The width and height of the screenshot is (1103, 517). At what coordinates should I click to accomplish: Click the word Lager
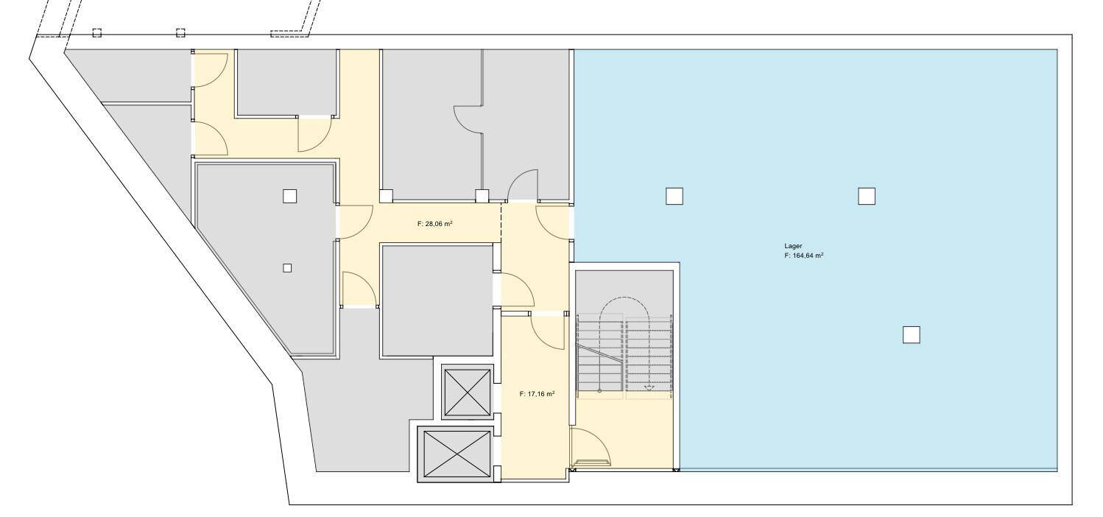tap(793, 246)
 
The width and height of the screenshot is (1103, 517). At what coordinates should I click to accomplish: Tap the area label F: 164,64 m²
tap(804, 256)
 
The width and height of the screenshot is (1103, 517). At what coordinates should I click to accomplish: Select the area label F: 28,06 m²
tap(435, 224)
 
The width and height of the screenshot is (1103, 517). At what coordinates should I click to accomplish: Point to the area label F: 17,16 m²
tap(538, 394)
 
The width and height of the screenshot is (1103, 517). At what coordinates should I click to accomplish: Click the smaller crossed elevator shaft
tap(468, 392)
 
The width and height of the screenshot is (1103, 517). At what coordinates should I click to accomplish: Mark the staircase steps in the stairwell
tap(624, 354)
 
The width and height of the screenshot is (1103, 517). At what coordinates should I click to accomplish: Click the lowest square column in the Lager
tap(911, 335)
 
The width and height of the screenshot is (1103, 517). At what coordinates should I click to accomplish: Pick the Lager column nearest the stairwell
tap(674, 196)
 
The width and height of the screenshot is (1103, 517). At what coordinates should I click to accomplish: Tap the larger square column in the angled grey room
tap(289, 196)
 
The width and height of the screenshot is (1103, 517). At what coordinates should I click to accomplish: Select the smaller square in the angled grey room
tap(287, 268)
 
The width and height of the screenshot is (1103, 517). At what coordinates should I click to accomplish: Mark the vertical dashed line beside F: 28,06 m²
tap(501, 222)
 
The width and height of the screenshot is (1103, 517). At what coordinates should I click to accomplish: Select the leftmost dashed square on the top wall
tap(97, 32)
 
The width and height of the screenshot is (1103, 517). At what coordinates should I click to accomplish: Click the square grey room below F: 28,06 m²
tap(437, 300)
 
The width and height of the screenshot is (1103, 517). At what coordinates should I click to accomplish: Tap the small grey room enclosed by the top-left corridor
tap(286, 82)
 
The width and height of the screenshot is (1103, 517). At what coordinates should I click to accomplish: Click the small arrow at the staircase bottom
tap(649, 388)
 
